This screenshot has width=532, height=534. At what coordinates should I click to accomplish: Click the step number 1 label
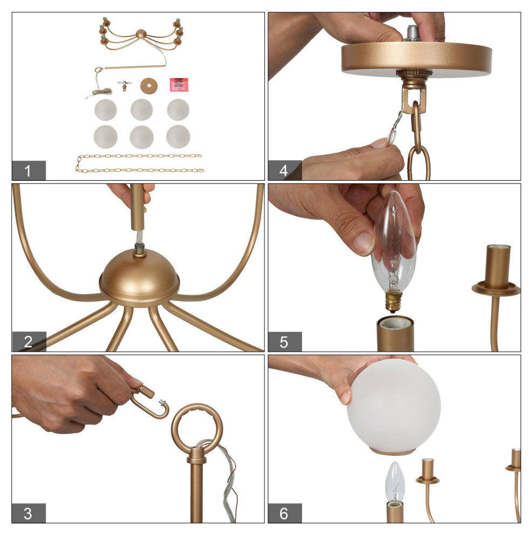[x=28, y=170]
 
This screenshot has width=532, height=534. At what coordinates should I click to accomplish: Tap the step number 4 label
[x=284, y=170]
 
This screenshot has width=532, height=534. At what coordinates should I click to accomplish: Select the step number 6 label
[x=284, y=513]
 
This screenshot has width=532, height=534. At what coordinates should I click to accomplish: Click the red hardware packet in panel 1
[x=179, y=85]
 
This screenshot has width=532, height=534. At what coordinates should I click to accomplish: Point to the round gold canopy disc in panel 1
[x=149, y=86]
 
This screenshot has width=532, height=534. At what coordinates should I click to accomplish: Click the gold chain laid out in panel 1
[x=139, y=163]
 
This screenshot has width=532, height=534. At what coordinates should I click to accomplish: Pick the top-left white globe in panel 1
[x=106, y=109]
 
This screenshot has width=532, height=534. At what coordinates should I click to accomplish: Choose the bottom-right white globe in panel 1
[x=178, y=136]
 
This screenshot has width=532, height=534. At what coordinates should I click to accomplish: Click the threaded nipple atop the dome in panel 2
[x=139, y=249]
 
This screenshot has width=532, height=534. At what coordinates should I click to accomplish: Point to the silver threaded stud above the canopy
[x=413, y=33]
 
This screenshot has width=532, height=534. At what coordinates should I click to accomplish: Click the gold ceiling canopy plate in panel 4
[x=417, y=59]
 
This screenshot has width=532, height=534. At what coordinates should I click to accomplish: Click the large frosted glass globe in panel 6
[x=394, y=407]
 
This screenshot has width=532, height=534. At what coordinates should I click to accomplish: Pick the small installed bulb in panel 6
[x=395, y=482]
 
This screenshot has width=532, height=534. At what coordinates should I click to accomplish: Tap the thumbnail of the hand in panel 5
[x=364, y=243]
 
